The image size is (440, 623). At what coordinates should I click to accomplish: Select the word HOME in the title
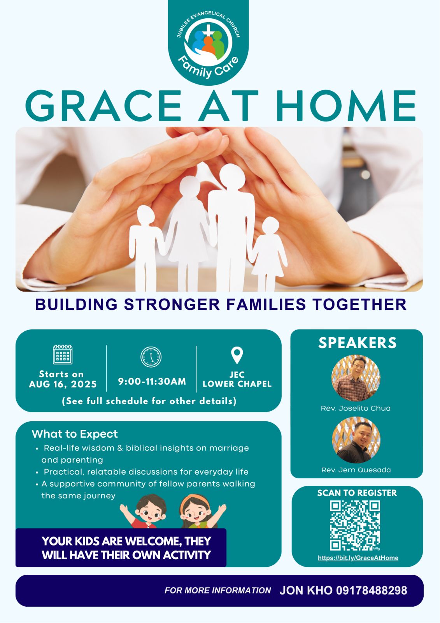(346, 106)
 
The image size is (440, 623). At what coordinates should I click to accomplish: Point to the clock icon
(151, 357)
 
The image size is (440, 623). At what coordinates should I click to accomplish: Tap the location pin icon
(237, 355)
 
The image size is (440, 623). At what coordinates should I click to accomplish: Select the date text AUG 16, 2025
(63, 384)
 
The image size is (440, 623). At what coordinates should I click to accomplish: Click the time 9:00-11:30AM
(152, 381)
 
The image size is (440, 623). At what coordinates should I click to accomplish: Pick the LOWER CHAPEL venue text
(237, 384)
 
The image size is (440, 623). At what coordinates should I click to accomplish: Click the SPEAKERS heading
(358, 343)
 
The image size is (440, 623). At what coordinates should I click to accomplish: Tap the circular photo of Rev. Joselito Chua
(356, 378)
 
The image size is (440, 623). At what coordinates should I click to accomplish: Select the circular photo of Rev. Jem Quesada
(356, 440)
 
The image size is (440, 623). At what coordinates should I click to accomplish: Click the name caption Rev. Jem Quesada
(356, 470)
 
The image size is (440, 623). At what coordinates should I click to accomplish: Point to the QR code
(355, 525)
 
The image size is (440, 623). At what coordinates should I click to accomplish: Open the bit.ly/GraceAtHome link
(358, 558)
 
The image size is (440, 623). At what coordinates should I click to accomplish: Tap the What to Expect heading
(75, 434)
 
